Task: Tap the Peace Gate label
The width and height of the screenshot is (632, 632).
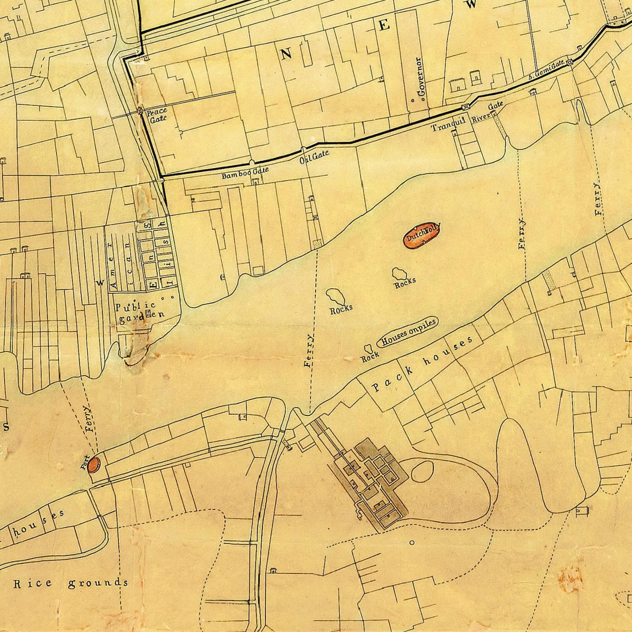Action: [156, 115]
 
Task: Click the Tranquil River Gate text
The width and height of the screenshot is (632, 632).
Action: [468, 116]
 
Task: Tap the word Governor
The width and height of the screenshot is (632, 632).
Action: [421, 77]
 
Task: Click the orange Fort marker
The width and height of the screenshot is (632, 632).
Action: [94, 464]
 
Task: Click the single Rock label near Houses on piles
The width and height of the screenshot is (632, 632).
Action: [370, 358]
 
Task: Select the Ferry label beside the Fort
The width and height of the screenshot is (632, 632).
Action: [89, 418]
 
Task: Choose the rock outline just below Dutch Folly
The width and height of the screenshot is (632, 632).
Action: [399, 273]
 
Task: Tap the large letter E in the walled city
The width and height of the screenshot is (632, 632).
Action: [384, 25]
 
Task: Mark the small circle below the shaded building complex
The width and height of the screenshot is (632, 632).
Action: [412, 542]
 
